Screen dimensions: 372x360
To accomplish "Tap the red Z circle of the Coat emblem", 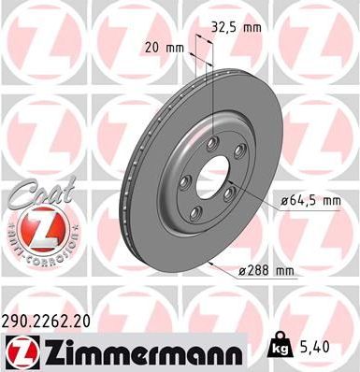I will [x=32, y=228].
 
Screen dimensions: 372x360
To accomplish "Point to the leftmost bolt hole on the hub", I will [x=184, y=181].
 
